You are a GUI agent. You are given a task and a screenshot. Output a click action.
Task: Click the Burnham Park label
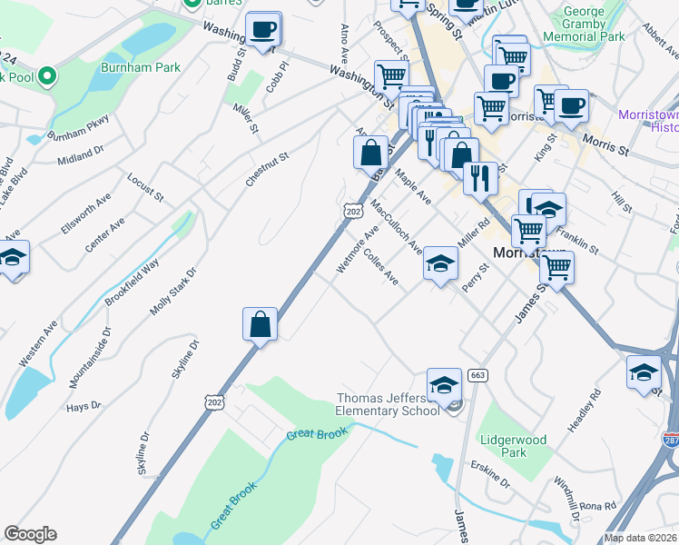pos(141,67)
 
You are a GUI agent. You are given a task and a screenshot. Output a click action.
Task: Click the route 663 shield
pos(477,375)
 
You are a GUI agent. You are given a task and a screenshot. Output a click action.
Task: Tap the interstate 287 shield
pos(671,441)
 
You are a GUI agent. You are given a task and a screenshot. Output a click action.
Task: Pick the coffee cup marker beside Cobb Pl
pos(263,28)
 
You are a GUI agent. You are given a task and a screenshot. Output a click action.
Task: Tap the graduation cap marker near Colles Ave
pos(440,263)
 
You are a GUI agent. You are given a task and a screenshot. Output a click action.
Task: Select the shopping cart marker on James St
pos(556,266)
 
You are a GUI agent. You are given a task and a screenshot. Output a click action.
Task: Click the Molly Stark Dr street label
pos(173,292)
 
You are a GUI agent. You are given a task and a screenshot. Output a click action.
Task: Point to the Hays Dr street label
pos(84,407)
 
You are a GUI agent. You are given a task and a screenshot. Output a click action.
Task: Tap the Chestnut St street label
pos(267,170)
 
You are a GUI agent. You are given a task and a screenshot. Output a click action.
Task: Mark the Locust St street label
pos(145,186)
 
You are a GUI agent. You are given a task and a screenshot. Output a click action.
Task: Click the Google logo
pos(30,534)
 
